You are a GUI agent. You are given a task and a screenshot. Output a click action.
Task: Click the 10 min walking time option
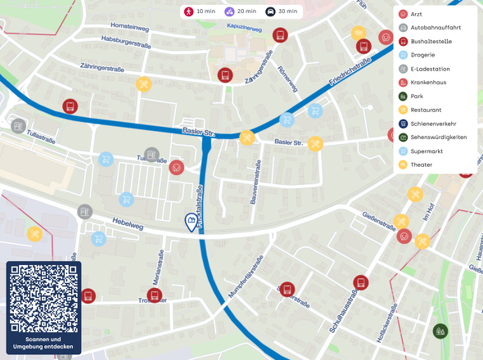pos(199,11)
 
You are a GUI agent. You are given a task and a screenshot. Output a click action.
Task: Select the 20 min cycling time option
pos(241,11)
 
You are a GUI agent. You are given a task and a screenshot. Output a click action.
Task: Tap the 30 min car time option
pos(282,11)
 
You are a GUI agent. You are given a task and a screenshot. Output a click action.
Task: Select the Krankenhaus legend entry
pos(431,83)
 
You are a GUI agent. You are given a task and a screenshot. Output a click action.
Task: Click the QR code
pos(43,299)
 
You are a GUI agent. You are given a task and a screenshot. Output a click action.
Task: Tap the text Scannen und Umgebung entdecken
pos(43,343)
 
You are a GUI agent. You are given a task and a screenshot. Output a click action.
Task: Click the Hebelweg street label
pos(129,223)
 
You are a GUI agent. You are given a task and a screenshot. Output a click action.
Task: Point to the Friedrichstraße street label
pos(351,72)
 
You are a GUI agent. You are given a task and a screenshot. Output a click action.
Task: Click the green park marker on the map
pos(441,331)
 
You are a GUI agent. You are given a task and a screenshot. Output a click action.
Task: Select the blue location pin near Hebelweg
pos(191,223)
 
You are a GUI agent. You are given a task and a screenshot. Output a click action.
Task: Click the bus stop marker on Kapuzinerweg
pos(280,35)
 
